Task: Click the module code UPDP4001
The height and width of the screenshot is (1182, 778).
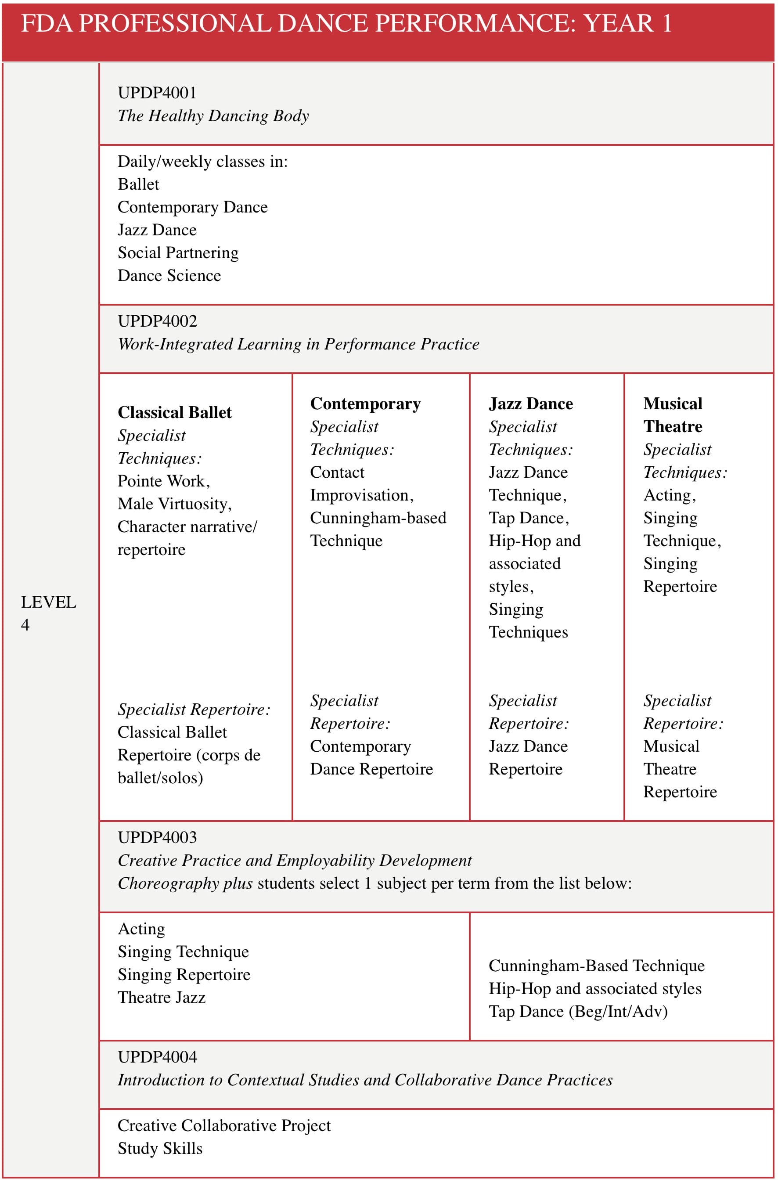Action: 157,93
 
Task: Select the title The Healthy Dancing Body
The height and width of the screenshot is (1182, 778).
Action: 213,116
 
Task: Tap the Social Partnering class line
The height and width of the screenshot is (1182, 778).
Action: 178,253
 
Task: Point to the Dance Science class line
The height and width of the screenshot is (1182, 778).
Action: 169,276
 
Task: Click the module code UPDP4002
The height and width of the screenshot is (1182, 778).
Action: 157,321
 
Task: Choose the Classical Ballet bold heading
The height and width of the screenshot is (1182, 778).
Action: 174,413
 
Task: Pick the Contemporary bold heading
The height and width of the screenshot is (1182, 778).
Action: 365,404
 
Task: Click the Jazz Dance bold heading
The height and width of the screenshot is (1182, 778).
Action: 530,404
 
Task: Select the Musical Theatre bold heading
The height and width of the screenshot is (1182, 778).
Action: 672,415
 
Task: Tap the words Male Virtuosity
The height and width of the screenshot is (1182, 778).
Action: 174,504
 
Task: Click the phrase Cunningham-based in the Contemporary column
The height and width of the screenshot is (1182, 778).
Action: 378,518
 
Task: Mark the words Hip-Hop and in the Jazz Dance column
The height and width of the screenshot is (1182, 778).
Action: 534,541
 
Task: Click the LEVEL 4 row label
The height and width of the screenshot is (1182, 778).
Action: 48,613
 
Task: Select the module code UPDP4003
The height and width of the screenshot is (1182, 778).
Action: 157,837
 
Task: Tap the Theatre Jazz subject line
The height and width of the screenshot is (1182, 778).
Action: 162,997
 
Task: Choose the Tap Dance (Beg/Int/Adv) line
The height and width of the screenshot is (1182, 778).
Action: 578,1011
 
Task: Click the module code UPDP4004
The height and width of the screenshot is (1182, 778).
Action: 157,1057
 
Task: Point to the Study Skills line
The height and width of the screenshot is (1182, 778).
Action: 160,1148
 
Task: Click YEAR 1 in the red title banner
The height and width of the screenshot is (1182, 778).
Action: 627,23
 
